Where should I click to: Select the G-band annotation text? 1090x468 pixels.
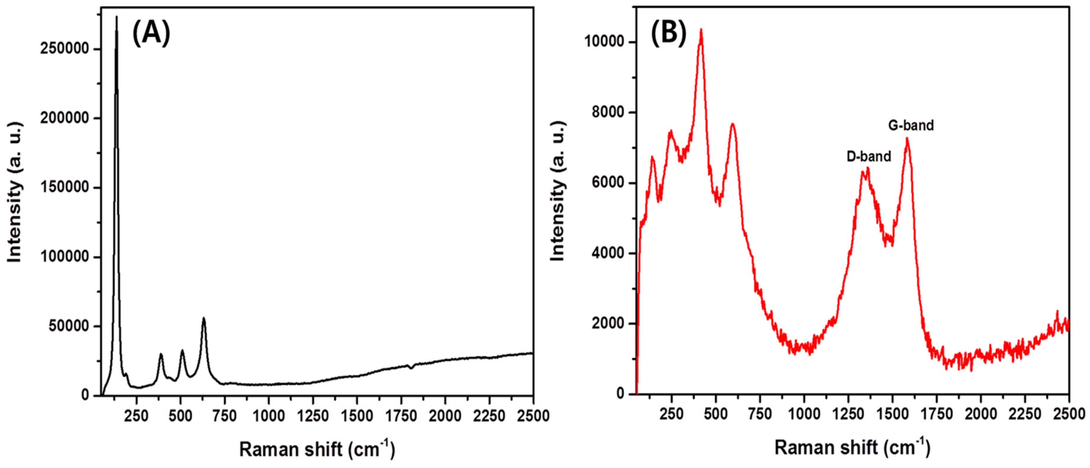click(x=911, y=126)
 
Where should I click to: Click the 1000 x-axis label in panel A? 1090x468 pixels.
click(x=269, y=416)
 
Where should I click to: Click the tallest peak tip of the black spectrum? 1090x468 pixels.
click(x=116, y=17)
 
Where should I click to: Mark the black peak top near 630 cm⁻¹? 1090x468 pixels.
click(x=203, y=318)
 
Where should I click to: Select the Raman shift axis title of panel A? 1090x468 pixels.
click(x=316, y=449)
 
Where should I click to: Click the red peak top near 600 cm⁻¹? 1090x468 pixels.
click(x=733, y=123)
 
